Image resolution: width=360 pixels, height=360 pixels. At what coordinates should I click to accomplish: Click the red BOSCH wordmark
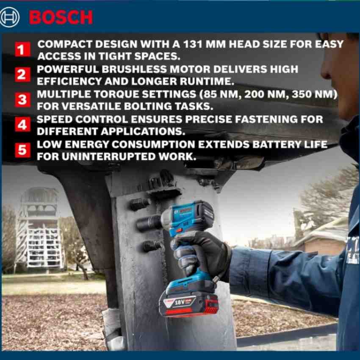click(x=61, y=17)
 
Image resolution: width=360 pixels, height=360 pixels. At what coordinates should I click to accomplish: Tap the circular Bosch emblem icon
click(x=10, y=17)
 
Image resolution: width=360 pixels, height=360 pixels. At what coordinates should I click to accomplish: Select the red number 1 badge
click(x=22, y=49)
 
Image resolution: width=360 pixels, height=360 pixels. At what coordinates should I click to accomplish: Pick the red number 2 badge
click(x=22, y=75)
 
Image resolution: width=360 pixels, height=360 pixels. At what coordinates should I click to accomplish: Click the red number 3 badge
click(x=22, y=100)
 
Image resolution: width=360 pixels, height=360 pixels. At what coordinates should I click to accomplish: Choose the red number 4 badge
click(x=22, y=125)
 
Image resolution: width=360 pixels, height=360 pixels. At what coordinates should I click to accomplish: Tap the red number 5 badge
click(x=22, y=150)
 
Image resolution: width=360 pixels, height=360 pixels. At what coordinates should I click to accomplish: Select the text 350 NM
click(x=314, y=94)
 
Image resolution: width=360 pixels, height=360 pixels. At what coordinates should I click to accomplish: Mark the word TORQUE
click(x=116, y=94)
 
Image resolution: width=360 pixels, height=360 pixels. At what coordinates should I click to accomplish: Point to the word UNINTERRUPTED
click(x=108, y=157)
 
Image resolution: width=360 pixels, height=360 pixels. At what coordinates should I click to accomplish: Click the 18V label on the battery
click(x=179, y=302)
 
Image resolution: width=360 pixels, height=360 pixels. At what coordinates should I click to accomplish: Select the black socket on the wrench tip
click(x=149, y=222)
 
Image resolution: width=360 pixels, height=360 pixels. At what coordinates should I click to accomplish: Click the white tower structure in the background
click(x=39, y=227)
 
